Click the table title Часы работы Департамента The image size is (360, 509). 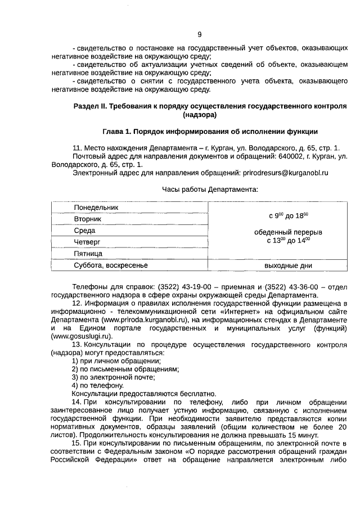point(209,190)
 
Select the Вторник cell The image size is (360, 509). point(88,218)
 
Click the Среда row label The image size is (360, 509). point(84,231)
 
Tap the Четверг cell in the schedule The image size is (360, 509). point(87,242)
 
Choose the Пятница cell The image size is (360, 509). point(88,254)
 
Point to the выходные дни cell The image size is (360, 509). point(288,265)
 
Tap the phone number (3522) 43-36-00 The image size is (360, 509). point(281,286)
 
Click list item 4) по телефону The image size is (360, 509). point(97,385)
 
